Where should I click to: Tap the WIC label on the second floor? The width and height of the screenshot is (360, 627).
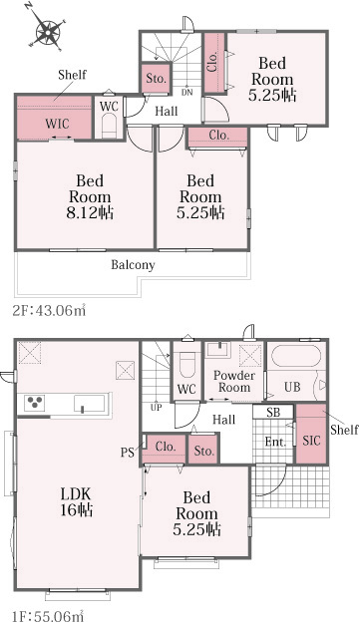(57, 124)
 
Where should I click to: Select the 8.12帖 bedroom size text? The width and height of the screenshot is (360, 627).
(90, 213)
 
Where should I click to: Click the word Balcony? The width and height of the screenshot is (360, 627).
(133, 265)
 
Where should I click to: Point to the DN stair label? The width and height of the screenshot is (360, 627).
(186, 93)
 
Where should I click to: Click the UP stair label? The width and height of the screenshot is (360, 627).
(156, 408)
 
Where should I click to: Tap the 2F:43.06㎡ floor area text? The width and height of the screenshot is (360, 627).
(49, 310)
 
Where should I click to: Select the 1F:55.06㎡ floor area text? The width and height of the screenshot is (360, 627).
(48, 616)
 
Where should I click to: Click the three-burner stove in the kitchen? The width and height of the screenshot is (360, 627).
(34, 403)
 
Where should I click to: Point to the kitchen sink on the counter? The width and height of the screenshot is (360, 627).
(89, 404)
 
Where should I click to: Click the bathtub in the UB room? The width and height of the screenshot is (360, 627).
(295, 356)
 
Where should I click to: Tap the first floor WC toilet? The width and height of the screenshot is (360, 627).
(187, 366)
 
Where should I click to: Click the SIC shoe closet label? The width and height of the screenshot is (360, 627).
(311, 441)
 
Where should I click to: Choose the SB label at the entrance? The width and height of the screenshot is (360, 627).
(273, 412)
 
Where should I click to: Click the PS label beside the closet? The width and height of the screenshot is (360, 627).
(128, 454)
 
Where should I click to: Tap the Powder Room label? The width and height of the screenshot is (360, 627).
(234, 381)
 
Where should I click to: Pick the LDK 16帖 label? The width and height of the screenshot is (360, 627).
(77, 502)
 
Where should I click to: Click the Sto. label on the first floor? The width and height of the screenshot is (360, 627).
(204, 451)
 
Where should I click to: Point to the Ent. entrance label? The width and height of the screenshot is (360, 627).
(275, 442)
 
